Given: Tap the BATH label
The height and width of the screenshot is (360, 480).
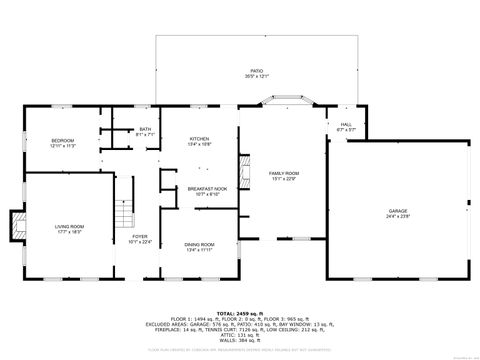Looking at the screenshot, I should pyautogui.click(x=145, y=128).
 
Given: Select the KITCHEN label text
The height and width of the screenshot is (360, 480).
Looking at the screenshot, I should pyautogui.click(x=199, y=139).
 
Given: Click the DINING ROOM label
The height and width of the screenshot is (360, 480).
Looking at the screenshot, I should pyautogui.click(x=199, y=244).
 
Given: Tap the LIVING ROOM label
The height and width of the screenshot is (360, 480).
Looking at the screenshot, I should pyautogui.click(x=69, y=226).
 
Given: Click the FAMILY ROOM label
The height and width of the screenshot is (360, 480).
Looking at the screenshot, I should pyautogui.click(x=284, y=173).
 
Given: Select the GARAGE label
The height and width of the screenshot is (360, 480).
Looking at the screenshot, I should pyautogui.click(x=398, y=211).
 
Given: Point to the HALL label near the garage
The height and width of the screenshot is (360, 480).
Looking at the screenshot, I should pyautogui.click(x=346, y=125).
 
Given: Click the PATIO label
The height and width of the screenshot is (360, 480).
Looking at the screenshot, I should pyautogui.click(x=256, y=72).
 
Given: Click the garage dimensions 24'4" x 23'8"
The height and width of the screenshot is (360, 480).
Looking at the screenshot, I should pyautogui.click(x=398, y=215).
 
